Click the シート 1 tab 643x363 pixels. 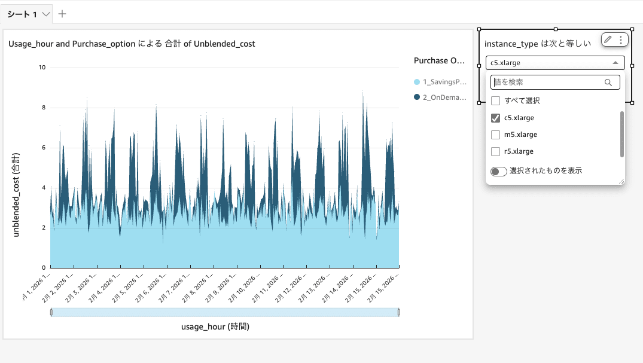22,14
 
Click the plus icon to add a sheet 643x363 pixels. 62,14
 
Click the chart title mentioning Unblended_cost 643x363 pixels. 132,44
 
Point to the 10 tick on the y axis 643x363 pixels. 42,68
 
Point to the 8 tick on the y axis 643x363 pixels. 43,108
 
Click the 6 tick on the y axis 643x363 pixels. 43,148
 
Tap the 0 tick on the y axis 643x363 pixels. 43,268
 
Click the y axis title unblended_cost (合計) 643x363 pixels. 16,194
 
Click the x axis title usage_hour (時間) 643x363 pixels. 215,327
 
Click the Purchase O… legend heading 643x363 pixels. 439,60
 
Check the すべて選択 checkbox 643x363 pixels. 495,101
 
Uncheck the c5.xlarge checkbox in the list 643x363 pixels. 495,118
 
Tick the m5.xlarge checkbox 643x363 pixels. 495,135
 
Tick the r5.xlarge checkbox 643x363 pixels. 495,151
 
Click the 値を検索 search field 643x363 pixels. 547,82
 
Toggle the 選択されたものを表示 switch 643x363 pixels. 499,172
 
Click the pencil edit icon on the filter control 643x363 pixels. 608,39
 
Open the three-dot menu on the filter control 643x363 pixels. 621,39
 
